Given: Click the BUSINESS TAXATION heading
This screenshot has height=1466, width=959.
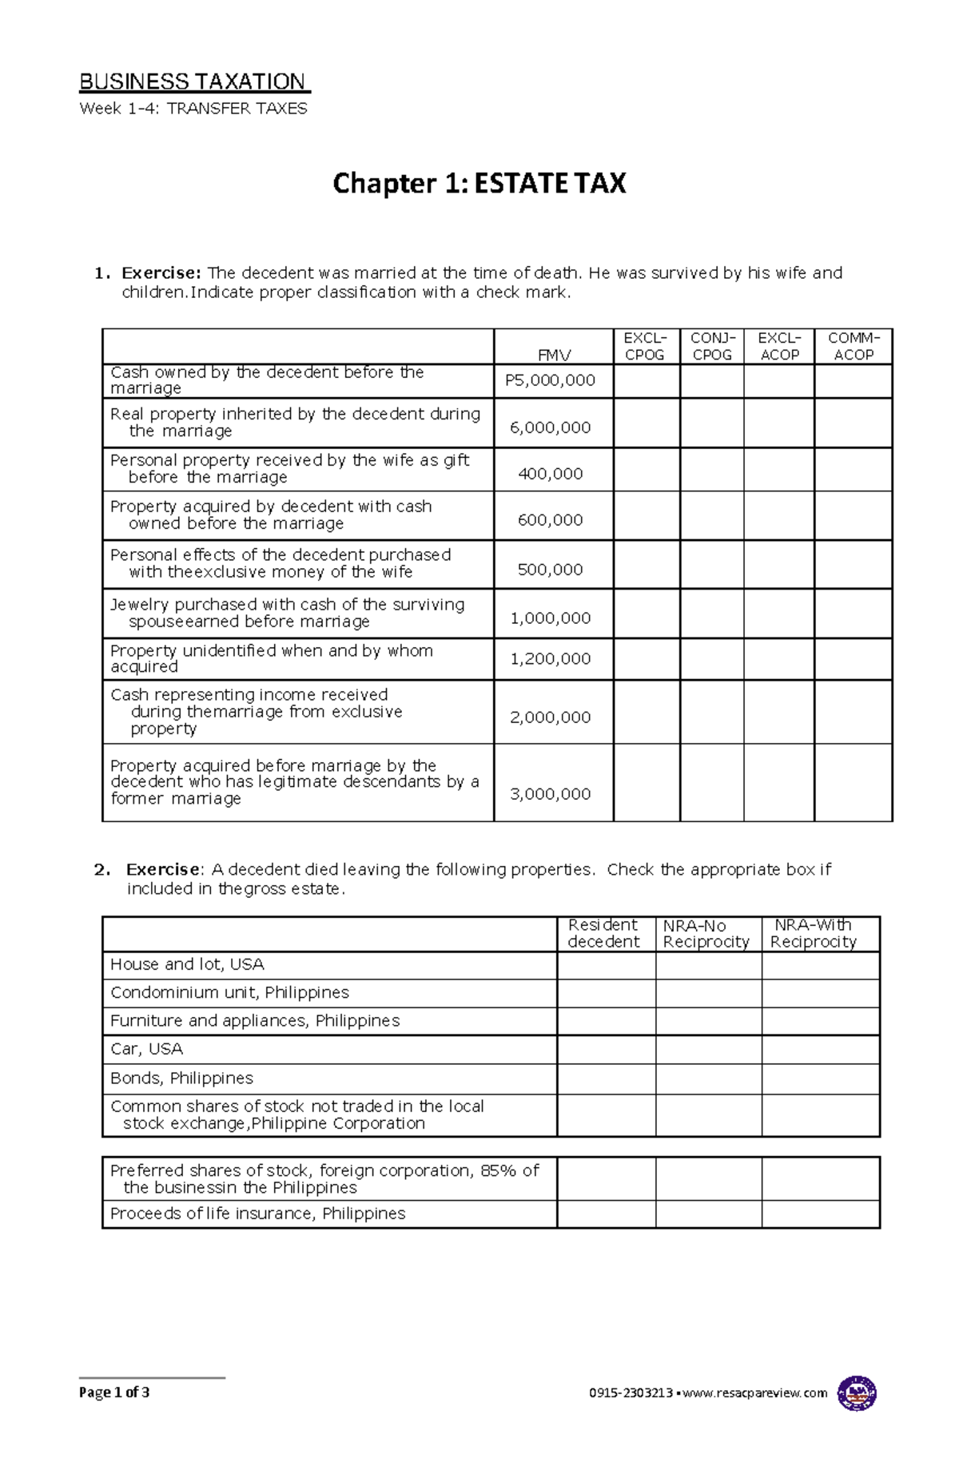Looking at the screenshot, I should [x=193, y=82].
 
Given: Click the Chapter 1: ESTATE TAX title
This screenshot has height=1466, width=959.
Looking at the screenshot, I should [x=479, y=184].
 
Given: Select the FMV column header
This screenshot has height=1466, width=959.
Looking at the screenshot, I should [x=554, y=355].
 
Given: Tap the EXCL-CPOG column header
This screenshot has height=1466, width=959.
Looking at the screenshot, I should [x=646, y=347].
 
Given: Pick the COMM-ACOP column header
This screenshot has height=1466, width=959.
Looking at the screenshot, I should [x=853, y=347].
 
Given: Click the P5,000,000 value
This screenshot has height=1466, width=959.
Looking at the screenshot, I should [x=550, y=381].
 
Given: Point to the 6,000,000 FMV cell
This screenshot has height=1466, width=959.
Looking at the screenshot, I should [x=550, y=428].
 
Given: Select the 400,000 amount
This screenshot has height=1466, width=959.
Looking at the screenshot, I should [x=550, y=475].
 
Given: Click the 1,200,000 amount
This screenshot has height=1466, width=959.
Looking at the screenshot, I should [x=550, y=659].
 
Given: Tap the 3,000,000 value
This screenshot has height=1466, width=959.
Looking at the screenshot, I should [x=550, y=794].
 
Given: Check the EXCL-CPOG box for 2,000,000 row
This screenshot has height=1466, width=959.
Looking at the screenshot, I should [x=647, y=712].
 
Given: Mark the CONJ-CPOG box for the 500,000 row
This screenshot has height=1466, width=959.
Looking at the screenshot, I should [x=711, y=565].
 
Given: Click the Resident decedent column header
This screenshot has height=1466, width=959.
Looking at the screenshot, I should [x=604, y=933].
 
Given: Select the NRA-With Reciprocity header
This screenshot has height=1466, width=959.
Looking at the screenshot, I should [x=814, y=933].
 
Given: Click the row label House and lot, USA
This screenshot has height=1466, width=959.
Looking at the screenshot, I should [x=187, y=964].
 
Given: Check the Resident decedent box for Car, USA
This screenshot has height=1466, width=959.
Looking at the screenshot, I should [x=606, y=1049].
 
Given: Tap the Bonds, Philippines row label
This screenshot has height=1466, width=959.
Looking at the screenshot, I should [x=181, y=1079].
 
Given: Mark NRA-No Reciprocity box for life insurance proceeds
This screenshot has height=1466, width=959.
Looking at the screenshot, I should [x=708, y=1214].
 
